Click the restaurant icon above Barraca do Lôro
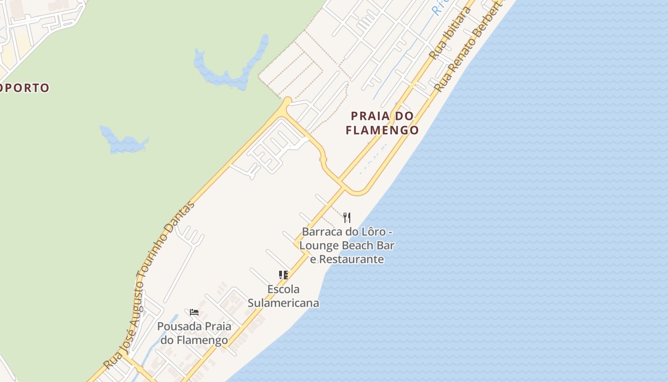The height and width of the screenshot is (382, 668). (347, 218)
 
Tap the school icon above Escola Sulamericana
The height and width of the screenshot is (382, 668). (283, 275)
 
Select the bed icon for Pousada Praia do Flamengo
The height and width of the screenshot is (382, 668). (194, 312)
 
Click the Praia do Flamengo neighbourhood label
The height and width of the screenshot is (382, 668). (382, 123)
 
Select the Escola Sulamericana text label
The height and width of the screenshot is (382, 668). (283, 296)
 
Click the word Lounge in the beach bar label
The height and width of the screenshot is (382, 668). (319, 245)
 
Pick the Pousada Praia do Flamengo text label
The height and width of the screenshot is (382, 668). (194, 333)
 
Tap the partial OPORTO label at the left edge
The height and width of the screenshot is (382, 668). (25, 88)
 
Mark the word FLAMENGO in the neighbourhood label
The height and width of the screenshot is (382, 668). (382, 130)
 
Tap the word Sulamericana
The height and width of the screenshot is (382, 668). (283, 303)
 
